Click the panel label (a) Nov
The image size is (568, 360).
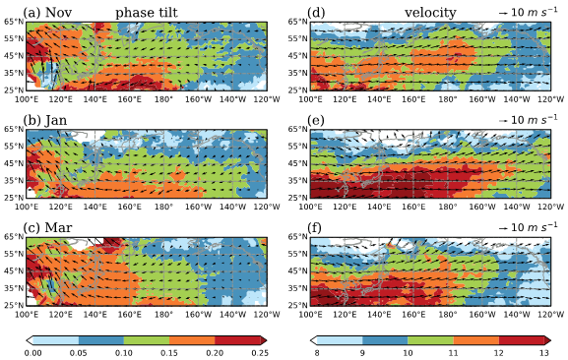pos(47,13)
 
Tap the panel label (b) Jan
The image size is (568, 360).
pos(45,120)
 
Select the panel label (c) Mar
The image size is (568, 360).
pos(47,227)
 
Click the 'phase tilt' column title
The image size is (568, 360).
pos(147,13)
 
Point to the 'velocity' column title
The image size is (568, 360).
pos(430,13)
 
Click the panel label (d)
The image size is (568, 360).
pos(316,13)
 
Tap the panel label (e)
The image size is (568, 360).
pos(316,120)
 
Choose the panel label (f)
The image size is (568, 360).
pos(316,227)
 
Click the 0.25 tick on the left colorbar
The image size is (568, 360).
pos(260,353)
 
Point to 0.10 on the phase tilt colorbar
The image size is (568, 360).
pos(124,353)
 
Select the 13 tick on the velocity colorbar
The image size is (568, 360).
pos(544,353)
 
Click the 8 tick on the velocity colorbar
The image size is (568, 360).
pos(317,353)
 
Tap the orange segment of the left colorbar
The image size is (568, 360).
pos(192,340)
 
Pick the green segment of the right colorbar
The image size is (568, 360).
pos(431,340)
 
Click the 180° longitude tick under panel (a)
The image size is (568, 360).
pos(163,99)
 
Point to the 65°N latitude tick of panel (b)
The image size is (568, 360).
pos(14,129)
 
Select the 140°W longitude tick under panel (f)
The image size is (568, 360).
pos(517,315)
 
